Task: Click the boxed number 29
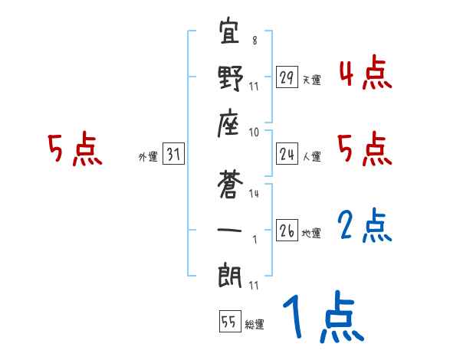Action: coord(286,77)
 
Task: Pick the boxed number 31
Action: coord(173,155)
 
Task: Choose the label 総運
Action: coord(255,324)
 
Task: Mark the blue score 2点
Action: coord(365,227)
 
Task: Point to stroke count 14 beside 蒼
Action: coord(254,194)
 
